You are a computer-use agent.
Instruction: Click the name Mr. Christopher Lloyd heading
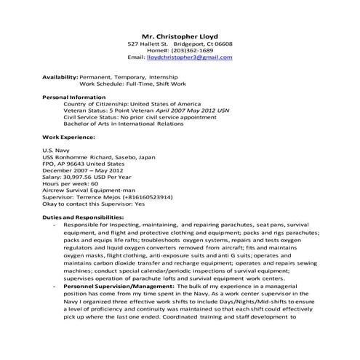(x=179, y=35)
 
